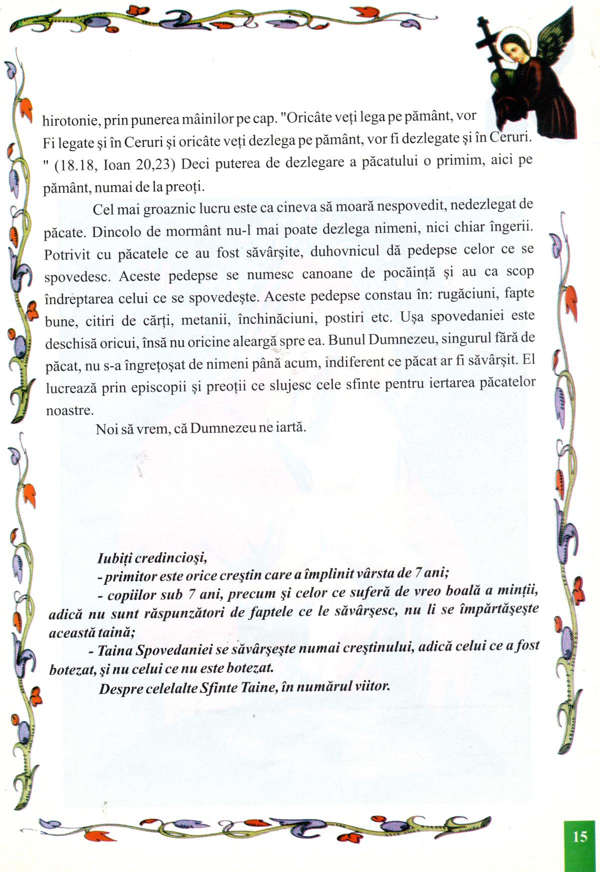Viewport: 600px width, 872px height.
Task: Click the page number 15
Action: click(x=580, y=836)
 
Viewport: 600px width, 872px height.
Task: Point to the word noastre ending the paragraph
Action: click(x=69, y=411)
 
